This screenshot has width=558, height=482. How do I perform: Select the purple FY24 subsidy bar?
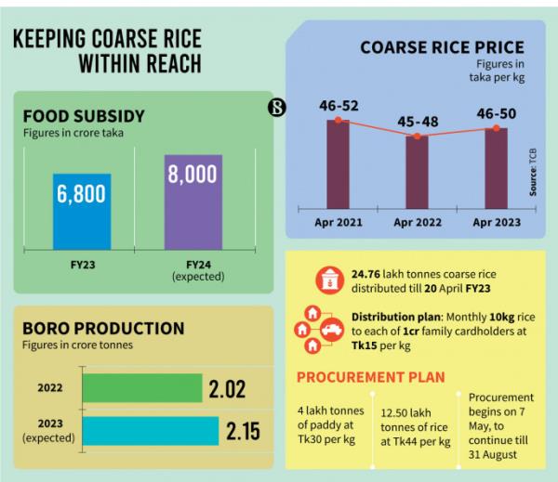(x=193, y=201)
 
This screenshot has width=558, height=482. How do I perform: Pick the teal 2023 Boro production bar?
(x=152, y=431)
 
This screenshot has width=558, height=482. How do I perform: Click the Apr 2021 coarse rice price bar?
(x=338, y=166)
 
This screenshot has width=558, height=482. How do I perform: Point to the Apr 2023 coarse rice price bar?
(x=496, y=169)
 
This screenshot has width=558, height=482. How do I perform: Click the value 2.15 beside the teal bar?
(x=241, y=432)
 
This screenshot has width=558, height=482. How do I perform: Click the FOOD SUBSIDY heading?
(x=85, y=117)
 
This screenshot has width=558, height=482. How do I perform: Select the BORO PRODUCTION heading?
(x=103, y=329)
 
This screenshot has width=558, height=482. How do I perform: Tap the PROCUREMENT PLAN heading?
(x=369, y=377)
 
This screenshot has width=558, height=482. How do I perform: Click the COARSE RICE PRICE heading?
(x=442, y=46)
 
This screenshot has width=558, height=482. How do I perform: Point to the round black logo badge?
(x=276, y=108)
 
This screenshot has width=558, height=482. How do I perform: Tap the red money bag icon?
(x=327, y=279)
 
